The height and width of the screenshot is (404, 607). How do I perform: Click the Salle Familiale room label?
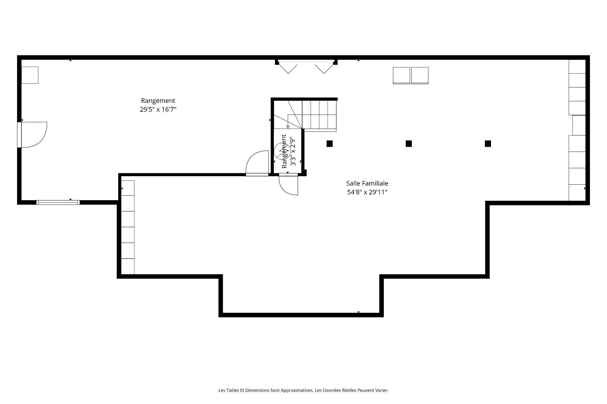367,183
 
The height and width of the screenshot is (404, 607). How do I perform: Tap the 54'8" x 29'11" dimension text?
367,192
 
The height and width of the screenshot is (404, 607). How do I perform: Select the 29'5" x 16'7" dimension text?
158,110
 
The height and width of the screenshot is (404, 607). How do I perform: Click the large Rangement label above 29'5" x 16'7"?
158,101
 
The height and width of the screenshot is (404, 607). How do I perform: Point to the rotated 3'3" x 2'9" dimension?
293,153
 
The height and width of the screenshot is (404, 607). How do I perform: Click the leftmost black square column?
329,144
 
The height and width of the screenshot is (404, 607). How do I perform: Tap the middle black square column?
409,144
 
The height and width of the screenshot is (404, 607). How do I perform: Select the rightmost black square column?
488,144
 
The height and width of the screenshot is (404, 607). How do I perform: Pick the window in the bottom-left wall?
58,202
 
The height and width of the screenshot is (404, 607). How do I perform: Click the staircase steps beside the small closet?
319,115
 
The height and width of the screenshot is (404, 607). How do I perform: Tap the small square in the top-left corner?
30,75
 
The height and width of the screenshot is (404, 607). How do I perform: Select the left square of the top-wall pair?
402,76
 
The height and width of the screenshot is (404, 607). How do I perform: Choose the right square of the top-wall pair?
420,76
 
